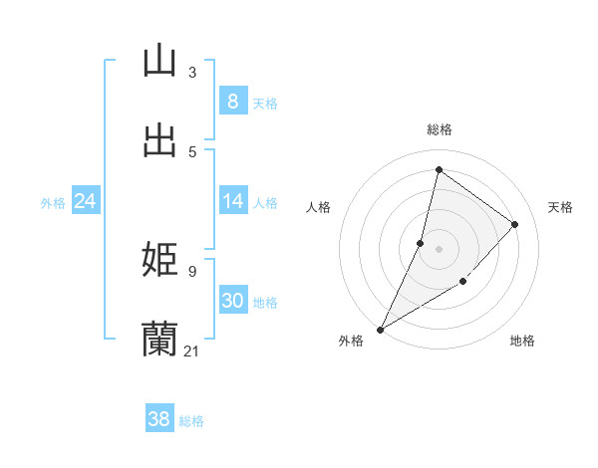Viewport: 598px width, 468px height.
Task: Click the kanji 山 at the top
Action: coord(159,61)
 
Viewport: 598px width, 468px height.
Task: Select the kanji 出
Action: coord(159,139)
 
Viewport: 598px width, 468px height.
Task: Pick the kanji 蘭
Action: coord(159,339)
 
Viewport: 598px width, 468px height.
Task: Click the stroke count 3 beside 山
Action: coord(192,73)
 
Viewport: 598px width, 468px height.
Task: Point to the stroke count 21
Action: coord(192,351)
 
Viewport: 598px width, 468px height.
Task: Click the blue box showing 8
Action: coord(232,102)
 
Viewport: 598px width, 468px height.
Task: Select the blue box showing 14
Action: coord(232,201)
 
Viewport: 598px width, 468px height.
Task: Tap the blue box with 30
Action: coord(232,301)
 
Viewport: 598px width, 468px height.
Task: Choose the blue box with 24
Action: coord(85,201)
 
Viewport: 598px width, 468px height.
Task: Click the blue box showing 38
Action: coord(159,419)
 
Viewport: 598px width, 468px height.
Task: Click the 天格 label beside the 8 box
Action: coord(265,103)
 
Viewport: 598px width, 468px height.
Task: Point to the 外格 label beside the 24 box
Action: coord(53,202)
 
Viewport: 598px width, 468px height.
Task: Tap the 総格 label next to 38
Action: coord(191,420)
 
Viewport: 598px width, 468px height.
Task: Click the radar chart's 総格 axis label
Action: coord(439,129)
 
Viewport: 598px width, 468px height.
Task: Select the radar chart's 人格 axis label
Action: coord(319,207)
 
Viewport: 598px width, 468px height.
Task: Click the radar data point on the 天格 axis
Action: coord(514,224)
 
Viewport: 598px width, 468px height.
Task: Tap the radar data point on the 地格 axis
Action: coord(462,282)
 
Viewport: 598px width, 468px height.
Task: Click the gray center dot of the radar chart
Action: coord(439,249)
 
